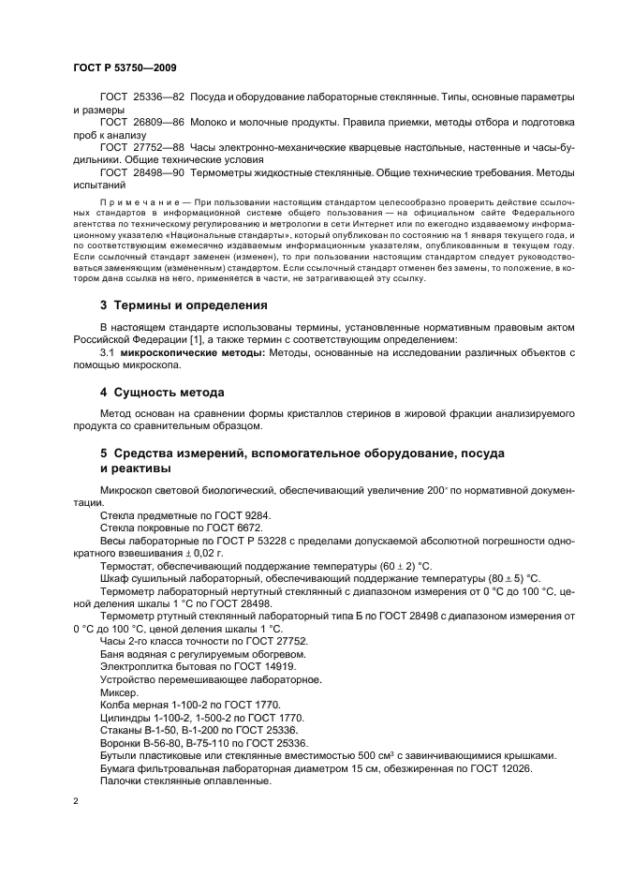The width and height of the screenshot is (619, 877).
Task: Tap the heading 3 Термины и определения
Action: click(x=184, y=305)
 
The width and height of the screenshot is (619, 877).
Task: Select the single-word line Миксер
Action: click(x=119, y=692)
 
